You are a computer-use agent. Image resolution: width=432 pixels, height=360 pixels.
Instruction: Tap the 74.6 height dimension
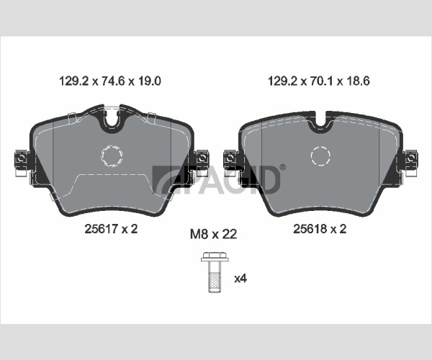(113, 81)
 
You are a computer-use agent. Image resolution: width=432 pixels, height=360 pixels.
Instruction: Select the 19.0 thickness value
(149, 81)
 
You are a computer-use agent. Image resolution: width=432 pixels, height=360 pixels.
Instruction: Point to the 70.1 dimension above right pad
(322, 81)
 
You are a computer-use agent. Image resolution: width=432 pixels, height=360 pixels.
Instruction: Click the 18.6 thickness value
(358, 81)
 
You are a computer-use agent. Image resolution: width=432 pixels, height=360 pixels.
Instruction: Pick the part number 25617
(102, 229)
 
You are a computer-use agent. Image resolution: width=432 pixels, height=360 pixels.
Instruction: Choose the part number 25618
(310, 229)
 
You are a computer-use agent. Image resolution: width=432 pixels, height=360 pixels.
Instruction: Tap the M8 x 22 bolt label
(214, 234)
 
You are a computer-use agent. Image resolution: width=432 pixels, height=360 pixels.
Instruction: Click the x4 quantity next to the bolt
(240, 279)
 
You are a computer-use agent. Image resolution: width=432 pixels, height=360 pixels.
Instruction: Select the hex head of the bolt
(215, 257)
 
